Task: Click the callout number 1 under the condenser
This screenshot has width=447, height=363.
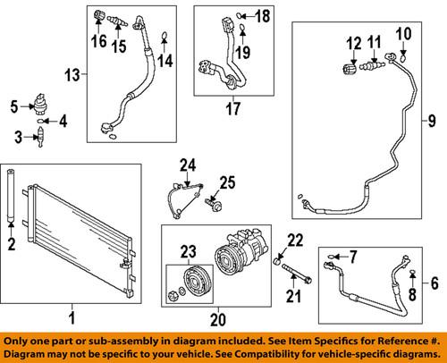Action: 73,316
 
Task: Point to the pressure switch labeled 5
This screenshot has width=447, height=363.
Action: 39,103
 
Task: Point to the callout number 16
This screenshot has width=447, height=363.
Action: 97,38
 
